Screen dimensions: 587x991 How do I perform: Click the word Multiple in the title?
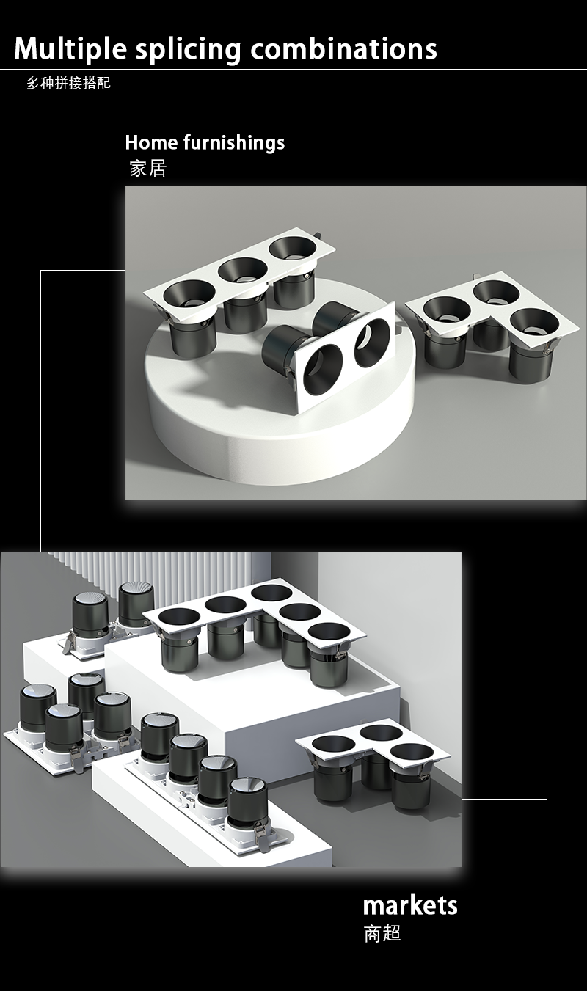tap(70, 48)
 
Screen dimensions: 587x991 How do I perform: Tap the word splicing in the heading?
tap(188, 50)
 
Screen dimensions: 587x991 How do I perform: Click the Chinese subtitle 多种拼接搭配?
tap(68, 83)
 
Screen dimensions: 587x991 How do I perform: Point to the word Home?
tap(151, 142)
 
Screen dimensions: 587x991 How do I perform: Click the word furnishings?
tap(234, 143)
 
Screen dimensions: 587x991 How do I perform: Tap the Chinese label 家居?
tap(148, 168)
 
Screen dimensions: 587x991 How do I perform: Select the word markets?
tap(410, 904)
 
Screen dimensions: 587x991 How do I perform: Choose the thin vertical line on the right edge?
tap(547, 649)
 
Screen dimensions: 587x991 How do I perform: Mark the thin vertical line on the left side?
tap(41, 411)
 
